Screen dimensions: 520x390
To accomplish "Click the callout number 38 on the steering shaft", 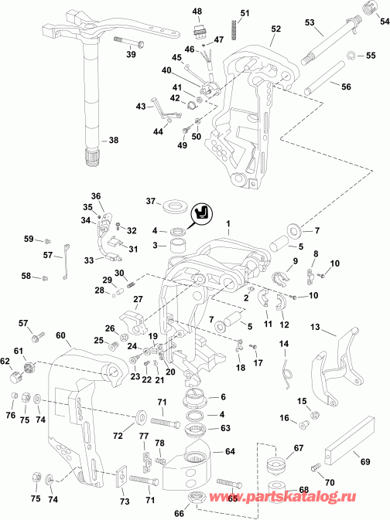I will (113, 141).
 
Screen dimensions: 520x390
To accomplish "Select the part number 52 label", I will (276, 28).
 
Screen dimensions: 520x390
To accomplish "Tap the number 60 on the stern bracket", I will (61, 335).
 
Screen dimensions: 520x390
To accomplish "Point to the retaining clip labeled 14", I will (286, 362).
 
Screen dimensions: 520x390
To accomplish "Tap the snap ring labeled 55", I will (350, 56).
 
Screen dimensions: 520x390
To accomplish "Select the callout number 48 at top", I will (197, 11).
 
